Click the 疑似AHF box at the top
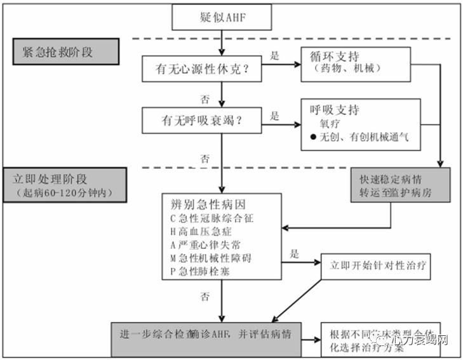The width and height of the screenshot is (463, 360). coord(222,17)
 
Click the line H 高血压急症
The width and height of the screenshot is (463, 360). coord(203,232)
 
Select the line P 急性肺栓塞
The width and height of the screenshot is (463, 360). coord(203,272)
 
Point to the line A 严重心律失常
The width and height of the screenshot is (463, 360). coord(206,246)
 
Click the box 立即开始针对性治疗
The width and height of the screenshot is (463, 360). coord(376,267)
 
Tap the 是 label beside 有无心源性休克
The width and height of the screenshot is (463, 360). coord(274,55)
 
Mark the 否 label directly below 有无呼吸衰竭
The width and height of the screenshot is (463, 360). coord(204,158)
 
